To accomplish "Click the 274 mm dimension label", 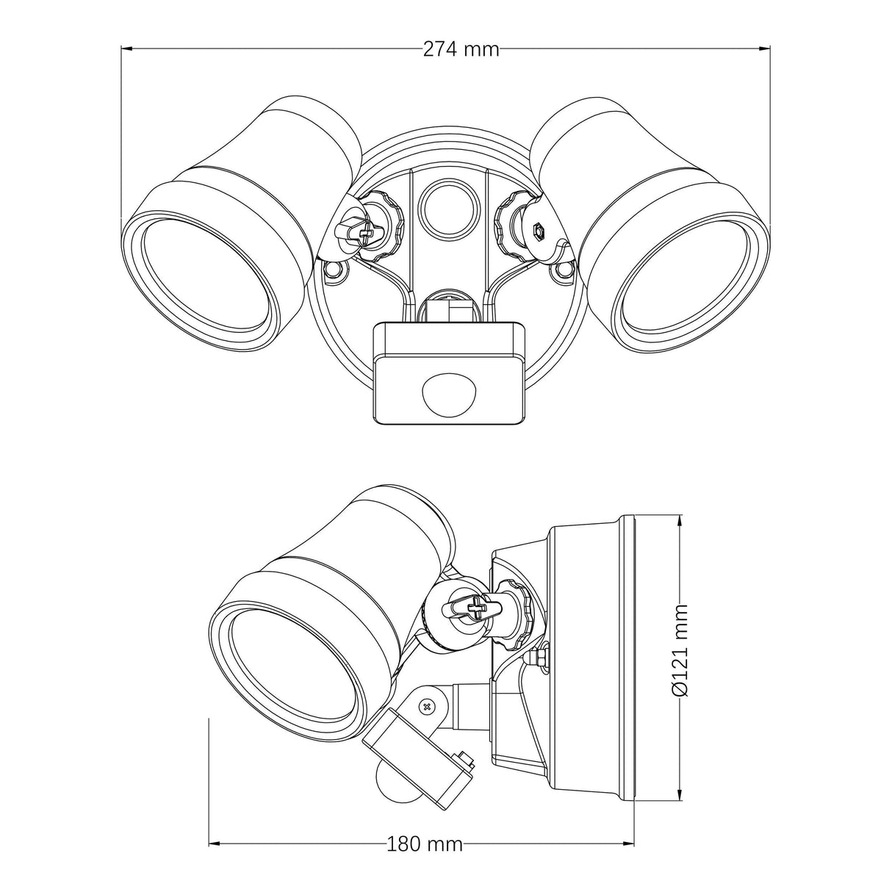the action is pyautogui.click(x=461, y=49).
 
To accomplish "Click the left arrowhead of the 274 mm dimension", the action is pyautogui.click(x=128, y=48).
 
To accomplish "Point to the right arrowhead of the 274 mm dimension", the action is pyautogui.click(x=763, y=48).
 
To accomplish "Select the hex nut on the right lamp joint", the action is pyautogui.click(x=538, y=229).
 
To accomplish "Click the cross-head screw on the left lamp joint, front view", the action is pyautogui.click(x=367, y=234).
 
